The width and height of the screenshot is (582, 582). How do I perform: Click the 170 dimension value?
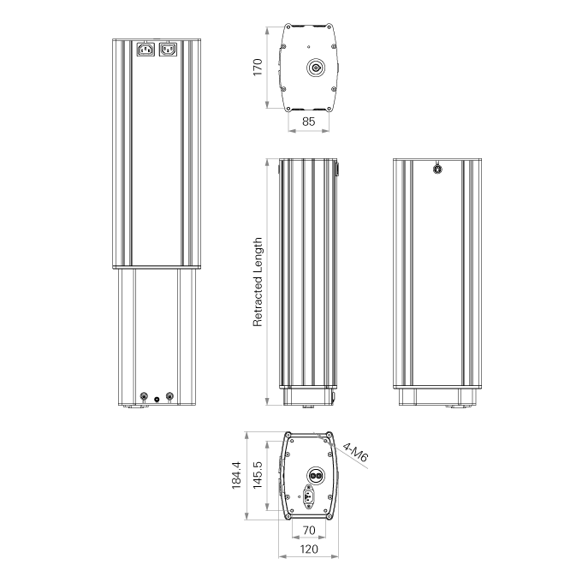[258, 67]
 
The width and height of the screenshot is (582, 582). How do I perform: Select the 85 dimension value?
[308, 122]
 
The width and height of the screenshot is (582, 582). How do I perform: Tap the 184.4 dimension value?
[236, 476]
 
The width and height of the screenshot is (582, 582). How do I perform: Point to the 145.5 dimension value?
[258, 475]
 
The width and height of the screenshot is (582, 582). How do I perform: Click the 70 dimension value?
[309, 530]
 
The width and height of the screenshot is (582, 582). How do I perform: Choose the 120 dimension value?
[308, 549]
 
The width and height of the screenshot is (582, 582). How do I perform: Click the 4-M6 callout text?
[355, 452]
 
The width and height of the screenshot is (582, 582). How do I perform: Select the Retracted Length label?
[258, 282]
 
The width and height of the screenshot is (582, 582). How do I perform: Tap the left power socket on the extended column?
[145, 49]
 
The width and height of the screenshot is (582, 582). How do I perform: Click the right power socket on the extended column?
[168, 49]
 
